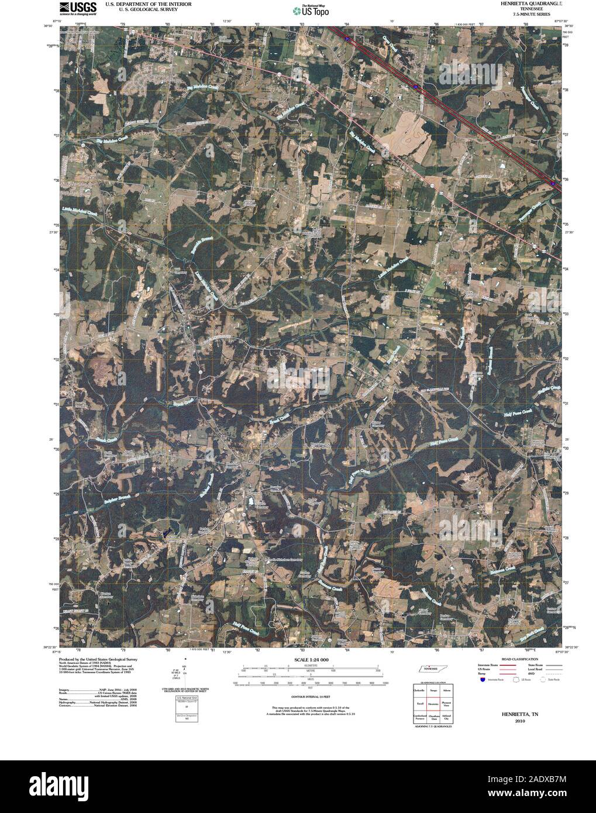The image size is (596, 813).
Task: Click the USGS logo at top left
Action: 72,8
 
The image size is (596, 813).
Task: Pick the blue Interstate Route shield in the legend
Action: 481,680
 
